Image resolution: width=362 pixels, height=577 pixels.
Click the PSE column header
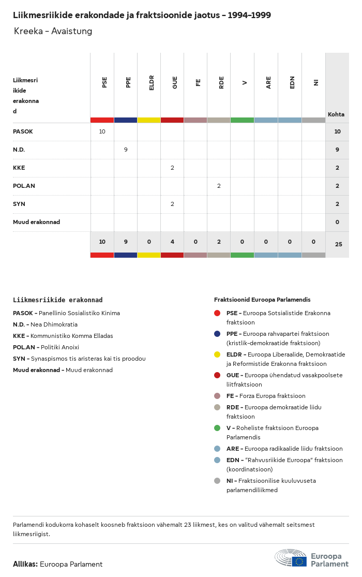pyautogui.click(x=104, y=82)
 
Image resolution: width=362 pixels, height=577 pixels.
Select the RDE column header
pyautogui.click(x=221, y=82)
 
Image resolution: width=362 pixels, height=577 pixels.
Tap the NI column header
pyautogui.click(x=315, y=82)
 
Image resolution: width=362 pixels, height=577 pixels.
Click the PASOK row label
pyautogui.click(x=23, y=131)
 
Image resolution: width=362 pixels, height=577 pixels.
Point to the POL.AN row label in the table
pyautogui.click(x=24, y=186)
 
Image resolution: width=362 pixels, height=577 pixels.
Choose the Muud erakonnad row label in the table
pyautogui.click(x=36, y=222)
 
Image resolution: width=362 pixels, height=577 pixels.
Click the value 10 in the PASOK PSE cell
pyautogui.click(x=102, y=131)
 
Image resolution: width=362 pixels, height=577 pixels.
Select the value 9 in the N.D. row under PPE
pyautogui.click(x=126, y=150)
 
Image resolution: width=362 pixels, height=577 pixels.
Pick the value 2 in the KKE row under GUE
pyautogui.click(x=172, y=168)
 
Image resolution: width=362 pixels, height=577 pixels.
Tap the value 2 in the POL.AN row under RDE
pyautogui.click(x=219, y=186)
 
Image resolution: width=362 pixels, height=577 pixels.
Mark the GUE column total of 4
pyautogui.click(x=172, y=242)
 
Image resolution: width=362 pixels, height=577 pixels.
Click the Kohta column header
pyautogui.click(x=336, y=114)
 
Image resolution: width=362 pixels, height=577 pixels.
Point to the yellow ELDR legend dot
pyautogui.click(x=217, y=354)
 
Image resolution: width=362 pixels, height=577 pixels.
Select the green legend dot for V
pyautogui.click(x=217, y=428)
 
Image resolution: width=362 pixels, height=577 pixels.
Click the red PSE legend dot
pyautogui.click(x=217, y=313)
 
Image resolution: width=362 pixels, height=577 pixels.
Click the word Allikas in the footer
pyautogui.click(x=25, y=564)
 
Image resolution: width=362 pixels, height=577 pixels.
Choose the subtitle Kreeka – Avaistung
pyautogui.click(x=53, y=31)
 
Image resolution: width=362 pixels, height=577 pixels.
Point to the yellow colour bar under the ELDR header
pyautogui.click(x=149, y=120)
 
